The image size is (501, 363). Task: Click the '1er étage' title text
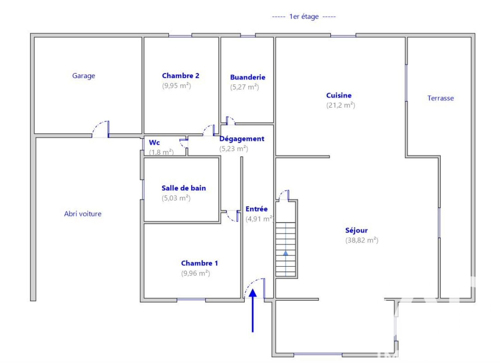pyautogui.click(x=304, y=17)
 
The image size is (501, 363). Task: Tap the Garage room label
pyautogui.click(x=84, y=76)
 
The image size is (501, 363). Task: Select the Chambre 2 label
pyautogui.click(x=180, y=76)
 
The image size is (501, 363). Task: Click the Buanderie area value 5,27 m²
pyautogui.click(x=244, y=87)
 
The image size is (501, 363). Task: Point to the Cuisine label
pyautogui.click(x=339, y=95)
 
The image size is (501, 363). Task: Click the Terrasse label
pyautogui.click(x=440, y=98)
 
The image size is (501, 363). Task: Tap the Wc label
pyautogui.click(x=154, y=142)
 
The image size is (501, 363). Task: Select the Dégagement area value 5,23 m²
pyautogui.click(x=234, y=149)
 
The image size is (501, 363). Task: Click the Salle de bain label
pyautogui.click(x=184, y=188)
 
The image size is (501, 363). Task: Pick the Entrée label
pyautogui.click(x=257, y=209)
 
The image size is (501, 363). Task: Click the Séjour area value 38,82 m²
pyautogui.click(x=362, y=240)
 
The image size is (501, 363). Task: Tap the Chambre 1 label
pyautogui.click(x=199, y=263)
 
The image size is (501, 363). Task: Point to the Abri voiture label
pyautogui.click(x=83, y=214)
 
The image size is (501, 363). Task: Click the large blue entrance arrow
pyautogui.click(x=253, y=311)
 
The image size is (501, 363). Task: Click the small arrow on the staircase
pyautogui.click(x=286, y=253)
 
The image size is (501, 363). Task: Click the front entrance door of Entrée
pyautogui.click(x=254, y=288)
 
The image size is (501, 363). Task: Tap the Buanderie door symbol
pyautogui.click(x=230, y=121)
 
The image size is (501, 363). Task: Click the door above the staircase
pyautogui.click(x=284, y=195)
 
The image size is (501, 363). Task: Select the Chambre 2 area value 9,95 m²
pyautogui.click(x=176, y=85)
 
